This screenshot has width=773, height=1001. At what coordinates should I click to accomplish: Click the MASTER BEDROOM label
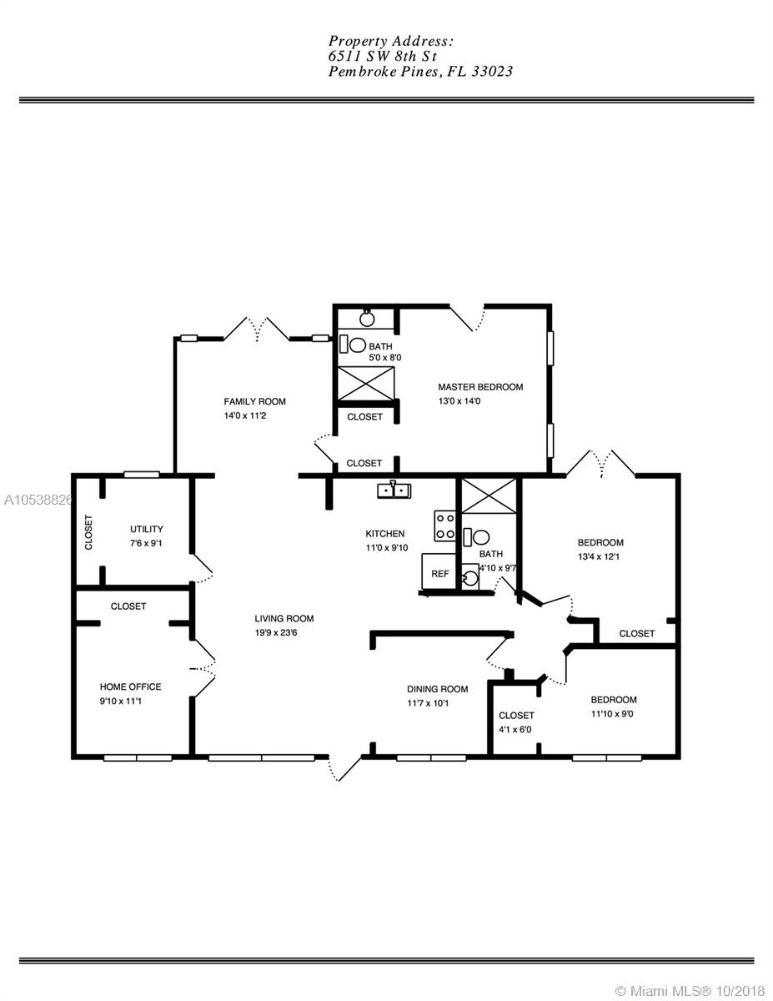[x=480, y=387]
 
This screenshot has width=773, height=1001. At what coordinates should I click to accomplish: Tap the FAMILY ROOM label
[x=254, y=402]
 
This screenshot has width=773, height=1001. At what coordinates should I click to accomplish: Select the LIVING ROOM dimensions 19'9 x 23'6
[x=276, y=633]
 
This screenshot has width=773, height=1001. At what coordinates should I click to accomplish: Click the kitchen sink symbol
[x=394, y=490]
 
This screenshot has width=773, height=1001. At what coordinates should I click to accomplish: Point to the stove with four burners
[x=444, y=526]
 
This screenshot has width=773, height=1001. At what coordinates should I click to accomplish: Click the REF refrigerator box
[x=439, y=571]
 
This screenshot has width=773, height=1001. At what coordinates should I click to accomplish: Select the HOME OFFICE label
[x=130, y=687]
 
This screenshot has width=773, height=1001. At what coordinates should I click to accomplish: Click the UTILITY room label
[x=147, y=529]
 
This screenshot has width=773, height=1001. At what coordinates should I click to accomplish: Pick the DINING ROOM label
[x=438, y=689]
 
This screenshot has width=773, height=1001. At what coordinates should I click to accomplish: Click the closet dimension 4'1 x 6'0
[x=514, y=730]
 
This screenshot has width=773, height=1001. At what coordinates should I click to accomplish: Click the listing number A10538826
[x=38, y=500]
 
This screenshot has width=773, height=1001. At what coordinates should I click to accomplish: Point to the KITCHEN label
[x=385, y=534]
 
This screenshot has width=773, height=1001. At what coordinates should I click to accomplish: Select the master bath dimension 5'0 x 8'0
[x=385, y=358]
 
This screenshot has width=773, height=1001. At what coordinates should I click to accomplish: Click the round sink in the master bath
[x=367, y=318]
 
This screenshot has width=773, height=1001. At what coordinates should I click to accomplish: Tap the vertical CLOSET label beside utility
[x=89, y=532]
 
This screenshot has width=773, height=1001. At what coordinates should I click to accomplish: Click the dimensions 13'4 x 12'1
[x=599, y=557]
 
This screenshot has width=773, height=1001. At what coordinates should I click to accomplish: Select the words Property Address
[x=391, y=42]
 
